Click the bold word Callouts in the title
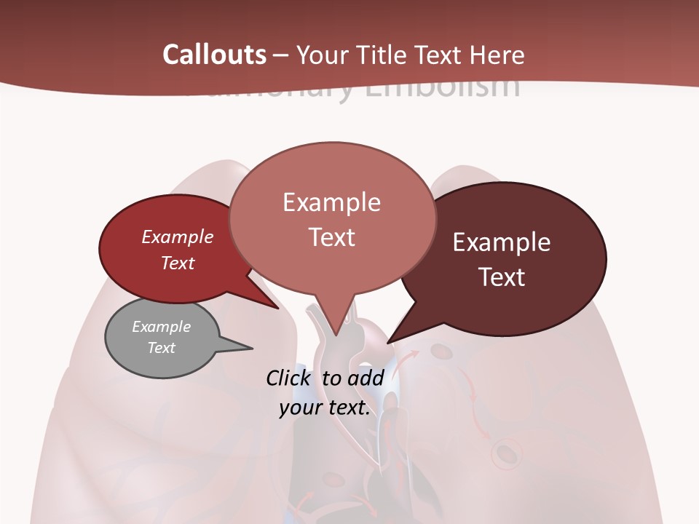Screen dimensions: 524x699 point(215,55)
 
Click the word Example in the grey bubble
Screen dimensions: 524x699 point(161,327)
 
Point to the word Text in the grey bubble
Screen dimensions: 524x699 point(161,348)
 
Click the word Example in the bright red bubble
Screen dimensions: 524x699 point(178,237)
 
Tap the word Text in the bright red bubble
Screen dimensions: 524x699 point(178,263)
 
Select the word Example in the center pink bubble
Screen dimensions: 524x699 point(331,202)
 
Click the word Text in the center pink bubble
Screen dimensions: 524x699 point(331,237)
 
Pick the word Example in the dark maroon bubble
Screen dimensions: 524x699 point(502,242)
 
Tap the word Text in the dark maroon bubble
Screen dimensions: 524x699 point(502,277)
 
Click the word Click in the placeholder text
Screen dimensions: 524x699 point(289,378)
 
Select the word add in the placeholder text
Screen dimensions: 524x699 point(366,378)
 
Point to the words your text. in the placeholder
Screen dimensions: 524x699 point(324,408)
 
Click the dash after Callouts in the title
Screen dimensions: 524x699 point(281,55)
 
